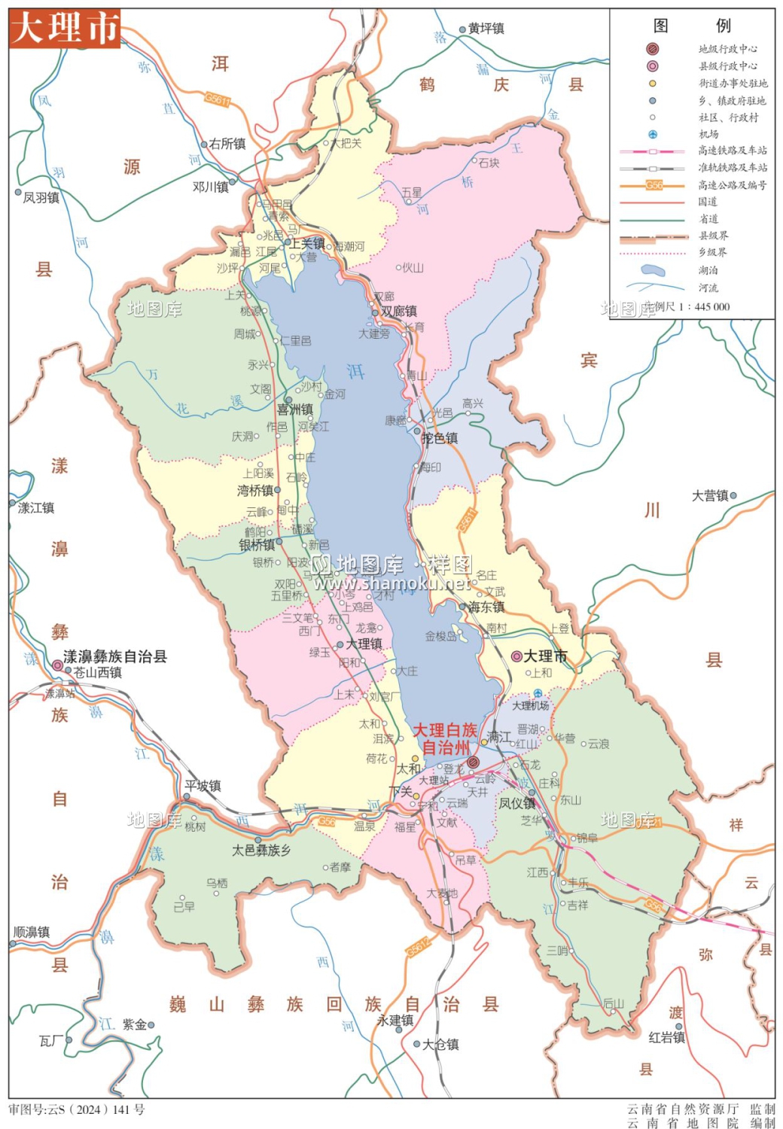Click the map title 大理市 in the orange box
pyautogui.click(x=65, y=29)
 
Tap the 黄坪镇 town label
pyautogui.click(x=486, y=29)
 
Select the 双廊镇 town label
pyautogui.click(x=398, y=311)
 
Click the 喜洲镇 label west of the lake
pyautogui.click(x=295, y=409)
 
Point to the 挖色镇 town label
pyautogui.click(x=440, y=438)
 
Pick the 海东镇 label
pyautogui.click(x=486, y=607)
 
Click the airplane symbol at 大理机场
pyautogui.click(x=538, y=694)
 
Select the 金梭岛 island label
pyautogui.click(x=440, y=636)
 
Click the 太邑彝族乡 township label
pyautogui.click(x=261, y=851)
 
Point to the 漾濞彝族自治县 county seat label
pyautogui.click(x=114, y=656)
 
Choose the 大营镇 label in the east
pyautogui.click(x=710, y=496)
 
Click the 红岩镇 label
pyautogui.click(x=667, y=1038)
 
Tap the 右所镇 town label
pyautogui.click(x=227, y=144)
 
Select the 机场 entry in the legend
pyautogui.click(x=708, y=134)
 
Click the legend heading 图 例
pyautogui.click(x=692, y=26)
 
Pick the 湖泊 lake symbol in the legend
pyautogui.click(x=653, y=269)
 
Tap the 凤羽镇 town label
pyautogui.click(x=41, y=197)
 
